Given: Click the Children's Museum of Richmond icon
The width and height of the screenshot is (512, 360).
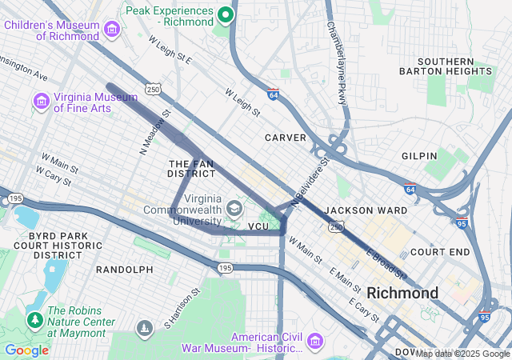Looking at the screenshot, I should pyautogui.click(x=112, y=30).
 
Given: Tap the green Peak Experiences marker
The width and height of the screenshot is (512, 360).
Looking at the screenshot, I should pyautogui.click(x=226, y=14).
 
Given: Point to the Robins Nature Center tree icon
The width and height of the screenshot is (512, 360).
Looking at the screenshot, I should pyautogui.click(x=34, y=320).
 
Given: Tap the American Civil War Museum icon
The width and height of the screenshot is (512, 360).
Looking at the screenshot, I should pyautogui.click(x=314, y=342).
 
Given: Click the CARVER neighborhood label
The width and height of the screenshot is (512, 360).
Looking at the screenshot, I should pyautogui.click(x=286, y=138).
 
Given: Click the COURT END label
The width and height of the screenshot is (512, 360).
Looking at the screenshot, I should pyautogui.click(x=440, y=252).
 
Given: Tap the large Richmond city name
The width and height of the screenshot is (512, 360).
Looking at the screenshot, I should pyautogui.click(x=402, y=292).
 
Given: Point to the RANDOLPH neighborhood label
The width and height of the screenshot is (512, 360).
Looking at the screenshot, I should pyautogui.click(x=124, y=270).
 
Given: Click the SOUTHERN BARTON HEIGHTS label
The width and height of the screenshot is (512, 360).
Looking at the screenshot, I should pyautogui.click(x=457, y=67).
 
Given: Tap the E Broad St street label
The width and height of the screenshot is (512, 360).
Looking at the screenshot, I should pyautogui.click(x=386, y=265).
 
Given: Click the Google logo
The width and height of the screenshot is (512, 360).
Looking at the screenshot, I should pyautogui.click(x=26, y=350).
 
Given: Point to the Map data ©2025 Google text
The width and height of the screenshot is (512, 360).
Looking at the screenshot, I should pyautogui.click(x=462, y=354).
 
